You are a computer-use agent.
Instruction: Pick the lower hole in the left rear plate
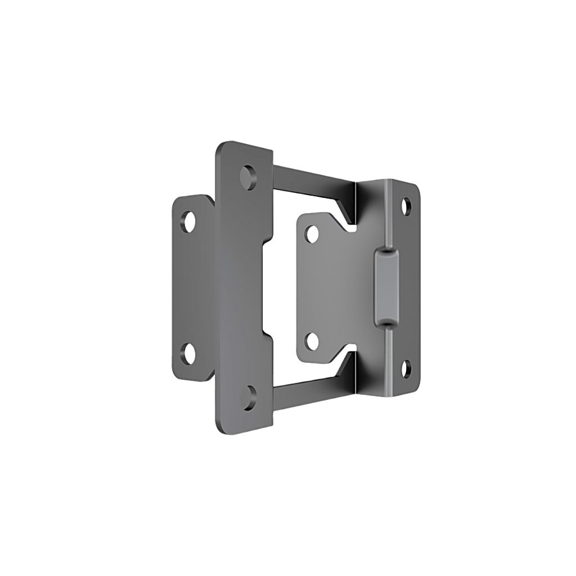pyautogui.click(x=190, y=353)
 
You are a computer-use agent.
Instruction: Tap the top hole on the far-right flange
pyautogui.click(x=407, y=205)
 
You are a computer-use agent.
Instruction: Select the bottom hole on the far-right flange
pyautogui.click(x=407, y=368)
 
